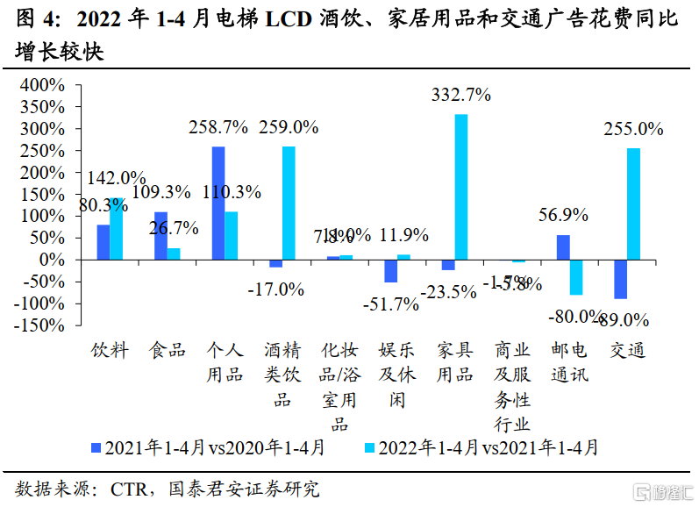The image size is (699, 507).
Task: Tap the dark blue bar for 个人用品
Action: click(x=218, y=203)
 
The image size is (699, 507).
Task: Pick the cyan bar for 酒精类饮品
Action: click(x=289, y=203)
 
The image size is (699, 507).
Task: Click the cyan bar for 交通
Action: click(x=633, y=204)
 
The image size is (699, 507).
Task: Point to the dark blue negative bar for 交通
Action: click(x=620, y=279)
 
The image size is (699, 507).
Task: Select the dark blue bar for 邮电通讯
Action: click(x=563, y=247)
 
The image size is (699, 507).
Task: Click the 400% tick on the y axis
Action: click(x=41, y=86)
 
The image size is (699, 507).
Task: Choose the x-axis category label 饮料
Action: click(x=111, y=351)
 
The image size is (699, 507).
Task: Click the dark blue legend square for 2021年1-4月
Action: click(x=97, y=448)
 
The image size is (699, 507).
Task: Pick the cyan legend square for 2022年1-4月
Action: click(x=369, y=448)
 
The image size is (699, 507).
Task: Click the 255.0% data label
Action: click(x=633, y=129)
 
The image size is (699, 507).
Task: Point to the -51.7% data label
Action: click(x=389, y=304)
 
